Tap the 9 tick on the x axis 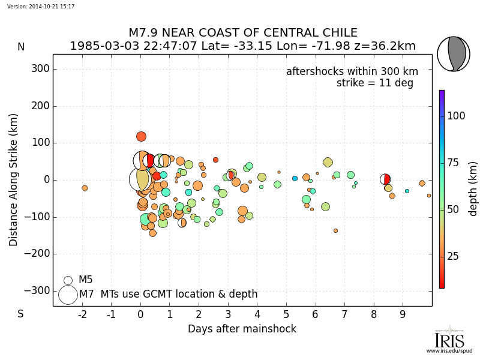pyautogui.click(x=403, y=314)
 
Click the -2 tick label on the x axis pyautogui.click(x=82, y=314)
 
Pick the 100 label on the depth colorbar pyautogui.click(x=457, y=116)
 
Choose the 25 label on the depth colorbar pyautogui.click(x=454, y=256)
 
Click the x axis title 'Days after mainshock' pyautogui.click(x=242, y=329)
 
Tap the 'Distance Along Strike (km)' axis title pyautogui.click(x=14, y=180)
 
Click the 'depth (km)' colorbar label pyautogui.click(x=473, y=188)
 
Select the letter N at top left pyautogui.click(x=21, y=47)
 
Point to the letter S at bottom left pyautogui.click(x=20, y=314)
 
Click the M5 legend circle pyautogui.click(x=68, y=280)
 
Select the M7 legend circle pyautogui.click(x=68, y=295)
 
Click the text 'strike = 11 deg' pyautogui.click(x=375, y=83)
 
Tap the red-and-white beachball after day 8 pyautogui.click(x=385, y=179)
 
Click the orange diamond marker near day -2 pyautogui.click(x=85, y=188)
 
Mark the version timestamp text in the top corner pyautogui.click(x=41, y=6)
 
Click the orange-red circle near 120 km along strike pyautogui.click(x=141, y=136)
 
